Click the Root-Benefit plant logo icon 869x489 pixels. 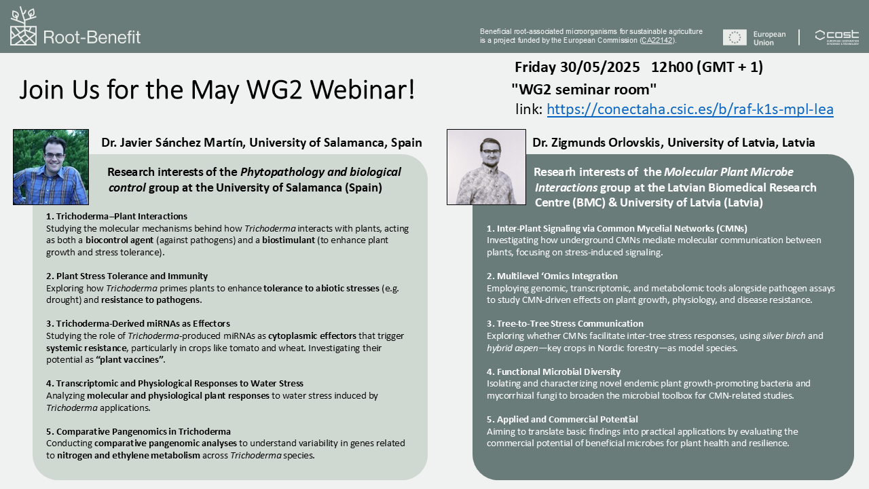[x=23, y=26]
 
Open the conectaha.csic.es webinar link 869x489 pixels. [x=690, y=109]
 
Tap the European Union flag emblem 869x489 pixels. [x=735, y=37]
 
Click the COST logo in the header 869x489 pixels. [x=837, y=37]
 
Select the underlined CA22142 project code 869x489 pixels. [x=657, y=40]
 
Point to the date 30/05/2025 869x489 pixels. [x=599, y=67]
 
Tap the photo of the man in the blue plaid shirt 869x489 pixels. [x=51, y=167]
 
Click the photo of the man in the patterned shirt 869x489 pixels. [x=486, y=167]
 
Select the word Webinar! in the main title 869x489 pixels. [x=363, y=90]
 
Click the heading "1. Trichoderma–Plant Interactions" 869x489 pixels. [x=116, y=216]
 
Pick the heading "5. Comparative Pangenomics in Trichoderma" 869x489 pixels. [x=138, y=431]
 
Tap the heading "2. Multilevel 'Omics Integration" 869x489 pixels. [x=552, y=276]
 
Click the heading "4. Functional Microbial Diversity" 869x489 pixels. [x=553, y=372]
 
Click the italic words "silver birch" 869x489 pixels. [x=783, y=336]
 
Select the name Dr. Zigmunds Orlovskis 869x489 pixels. [x=596, y=143]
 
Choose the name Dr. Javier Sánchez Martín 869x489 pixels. [x=173, y=143]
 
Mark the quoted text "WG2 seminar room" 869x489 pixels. [x=584, y=90]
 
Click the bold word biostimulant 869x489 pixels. [x=289, y=240]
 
